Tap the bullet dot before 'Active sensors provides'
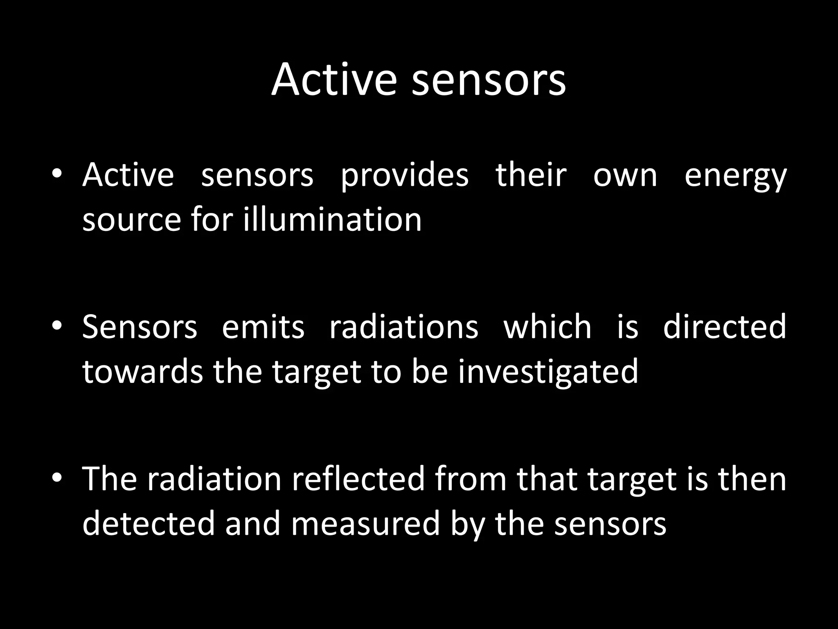(x=57, y=174)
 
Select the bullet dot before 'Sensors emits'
(x=57, y=326)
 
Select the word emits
(x=263, y=327)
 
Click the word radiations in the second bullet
(x=403, y=327)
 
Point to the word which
(x=547, y=327)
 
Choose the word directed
(x=724, y=327)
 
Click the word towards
(x=142, y=372)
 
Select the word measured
(x=365, y=524)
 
